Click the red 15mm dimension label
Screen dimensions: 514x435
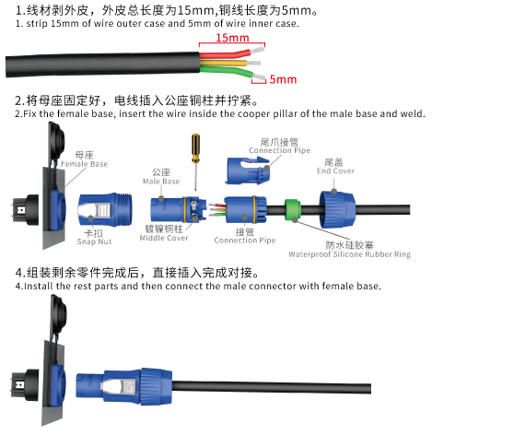tap(232, 38)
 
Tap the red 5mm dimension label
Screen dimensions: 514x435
tap(283, 79)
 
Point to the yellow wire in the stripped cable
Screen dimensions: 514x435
tap(223, 63)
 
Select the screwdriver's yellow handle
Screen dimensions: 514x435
tap(195, 148)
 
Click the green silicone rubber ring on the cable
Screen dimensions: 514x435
tap(292, 209)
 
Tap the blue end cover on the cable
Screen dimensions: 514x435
tap(337, 210)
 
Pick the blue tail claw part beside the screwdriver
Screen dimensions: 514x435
tap(248, 170)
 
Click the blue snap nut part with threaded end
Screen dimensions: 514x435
tap(105, 210)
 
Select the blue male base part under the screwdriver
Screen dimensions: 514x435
tap(179, 209)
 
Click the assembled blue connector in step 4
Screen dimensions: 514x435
tap(124, 386)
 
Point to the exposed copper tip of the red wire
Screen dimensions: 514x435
tap(258, 50)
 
